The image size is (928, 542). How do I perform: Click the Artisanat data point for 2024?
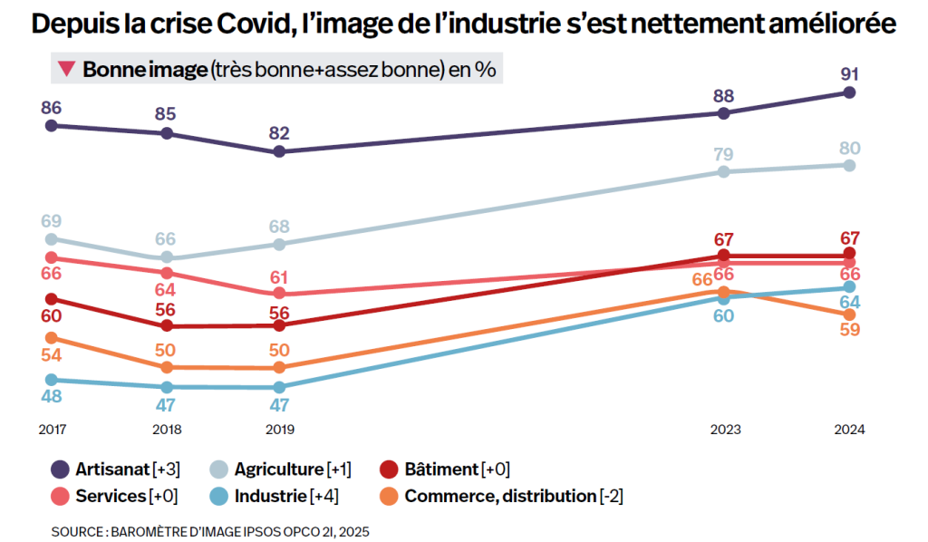[849, 92]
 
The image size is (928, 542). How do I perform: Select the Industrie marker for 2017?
[51, 380]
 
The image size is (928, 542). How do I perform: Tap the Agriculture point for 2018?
[167, 258]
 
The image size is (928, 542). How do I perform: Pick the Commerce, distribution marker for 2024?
[849, 315]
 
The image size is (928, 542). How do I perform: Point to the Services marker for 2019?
[280, 294]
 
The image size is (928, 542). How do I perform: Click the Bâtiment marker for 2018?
[167, 325]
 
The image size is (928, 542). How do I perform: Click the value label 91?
[849, 74]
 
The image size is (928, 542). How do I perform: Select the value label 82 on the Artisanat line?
[280, 133]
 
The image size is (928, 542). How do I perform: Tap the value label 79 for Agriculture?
[723, 153]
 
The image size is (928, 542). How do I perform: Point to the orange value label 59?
[849, 330]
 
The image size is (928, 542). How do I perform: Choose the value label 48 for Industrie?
[51, 396]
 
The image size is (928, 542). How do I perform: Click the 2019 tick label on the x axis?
[280, 430]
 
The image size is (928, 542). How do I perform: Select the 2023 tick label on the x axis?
[723, 430]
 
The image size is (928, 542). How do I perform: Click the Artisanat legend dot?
[61, 469]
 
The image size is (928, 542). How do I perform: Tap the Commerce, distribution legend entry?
[499, 497]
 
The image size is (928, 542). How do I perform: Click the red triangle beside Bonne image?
[66, 69]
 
